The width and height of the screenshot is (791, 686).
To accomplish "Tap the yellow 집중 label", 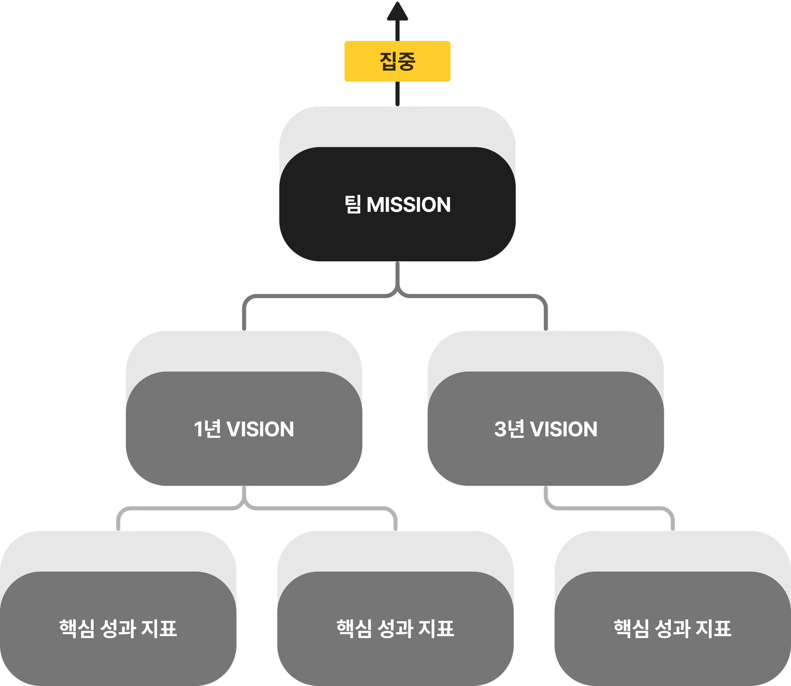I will point(397,61).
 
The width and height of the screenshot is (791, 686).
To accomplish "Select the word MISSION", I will point(409,205).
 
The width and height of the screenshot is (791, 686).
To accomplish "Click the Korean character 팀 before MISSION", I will point(353,205).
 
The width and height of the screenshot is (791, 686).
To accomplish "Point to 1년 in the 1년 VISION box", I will point(207,429).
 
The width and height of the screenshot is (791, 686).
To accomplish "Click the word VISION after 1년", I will point(260,429).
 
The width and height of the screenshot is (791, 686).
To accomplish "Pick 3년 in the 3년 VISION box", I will point(509,429).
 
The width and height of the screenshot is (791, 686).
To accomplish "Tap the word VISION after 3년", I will point(564,429).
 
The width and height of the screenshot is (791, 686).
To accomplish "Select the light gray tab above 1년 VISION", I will point(244,350).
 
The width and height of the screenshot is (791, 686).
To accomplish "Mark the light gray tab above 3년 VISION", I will point(546,350).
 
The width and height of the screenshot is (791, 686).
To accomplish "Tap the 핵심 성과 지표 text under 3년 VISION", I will point(672,629).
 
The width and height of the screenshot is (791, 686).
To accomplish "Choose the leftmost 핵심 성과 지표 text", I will point(118,629).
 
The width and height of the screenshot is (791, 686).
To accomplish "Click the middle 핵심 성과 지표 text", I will point(395,629).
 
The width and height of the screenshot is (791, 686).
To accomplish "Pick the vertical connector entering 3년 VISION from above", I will point(545,317).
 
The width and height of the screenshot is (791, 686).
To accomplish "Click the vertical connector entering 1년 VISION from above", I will point(244,317).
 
